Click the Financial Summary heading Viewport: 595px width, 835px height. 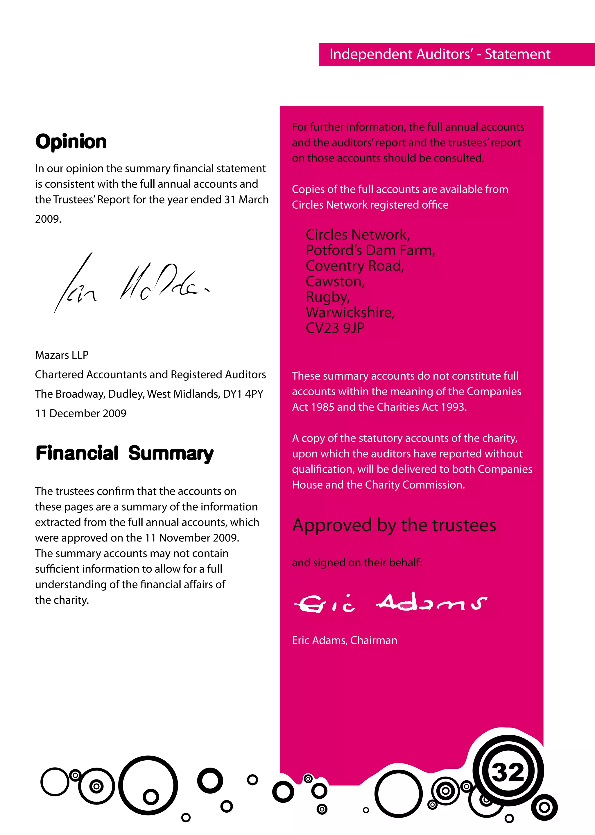pos(124,453)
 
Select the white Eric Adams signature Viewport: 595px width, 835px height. pos(390,603)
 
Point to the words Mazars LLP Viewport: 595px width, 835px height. pos(62,355)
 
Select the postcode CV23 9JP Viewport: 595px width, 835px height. pos(335,328)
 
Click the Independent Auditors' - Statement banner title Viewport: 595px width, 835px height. pos(440,54)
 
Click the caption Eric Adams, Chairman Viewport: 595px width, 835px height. pos(344,640)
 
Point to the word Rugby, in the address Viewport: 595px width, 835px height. pos(327,297)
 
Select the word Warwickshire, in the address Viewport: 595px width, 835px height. pos(350,312)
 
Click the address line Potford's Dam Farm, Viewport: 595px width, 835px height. pos(370,250)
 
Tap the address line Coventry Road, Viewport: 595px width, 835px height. pos(355,266)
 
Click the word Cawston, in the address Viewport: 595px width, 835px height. pos(335,282)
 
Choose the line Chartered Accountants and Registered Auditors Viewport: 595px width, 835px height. pos(150,374)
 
